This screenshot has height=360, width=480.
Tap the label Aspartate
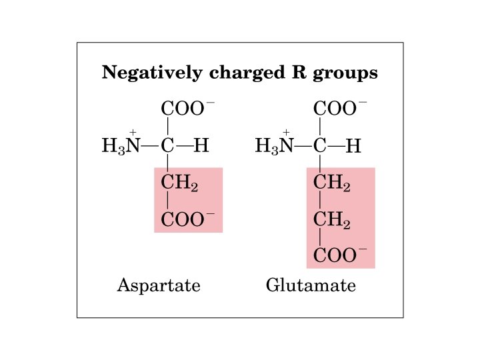pyautogui.click(x=159, y=286)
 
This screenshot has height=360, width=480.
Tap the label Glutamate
pyautogui.click(x=311, y=286)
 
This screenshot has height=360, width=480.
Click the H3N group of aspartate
pyautogui.click(x=121, y=146)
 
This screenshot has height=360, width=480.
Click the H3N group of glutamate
pyautogui.click(x=274, y=146)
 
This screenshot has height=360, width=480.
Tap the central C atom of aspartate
pyautogui.click(x=168, y=145)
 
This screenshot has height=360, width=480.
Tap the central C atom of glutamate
pyautogui.click(x=321, y=145)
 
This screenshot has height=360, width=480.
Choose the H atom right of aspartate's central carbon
pyautogui.click(x=201, y=145)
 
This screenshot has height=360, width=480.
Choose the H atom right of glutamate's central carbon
pyautogui.click(x=353, y=146)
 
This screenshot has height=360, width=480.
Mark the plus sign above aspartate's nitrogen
pyautogui.click(x=133, y=132)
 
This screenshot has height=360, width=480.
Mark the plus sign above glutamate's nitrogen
pyautogui.click(x=287, y=132)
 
